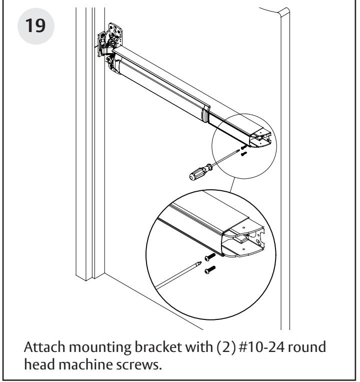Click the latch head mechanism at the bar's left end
pos(111,46)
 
